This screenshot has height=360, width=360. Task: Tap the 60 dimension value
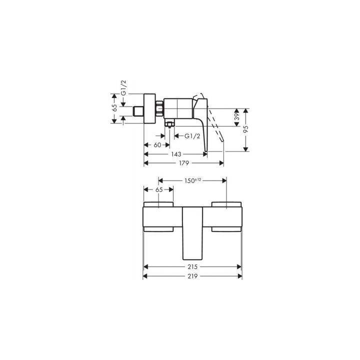pos(157,145)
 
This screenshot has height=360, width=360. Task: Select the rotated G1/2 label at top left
pos(123,88)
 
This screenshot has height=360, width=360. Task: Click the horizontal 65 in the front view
pos(158,190)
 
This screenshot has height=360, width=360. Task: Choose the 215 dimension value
pos(192,267)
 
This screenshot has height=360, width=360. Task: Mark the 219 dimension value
pos(192,276)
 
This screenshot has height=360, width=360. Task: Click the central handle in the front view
pos(192,230)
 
